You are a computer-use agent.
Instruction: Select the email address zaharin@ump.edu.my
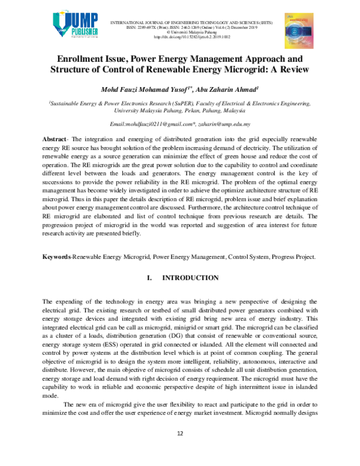[226, 123]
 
